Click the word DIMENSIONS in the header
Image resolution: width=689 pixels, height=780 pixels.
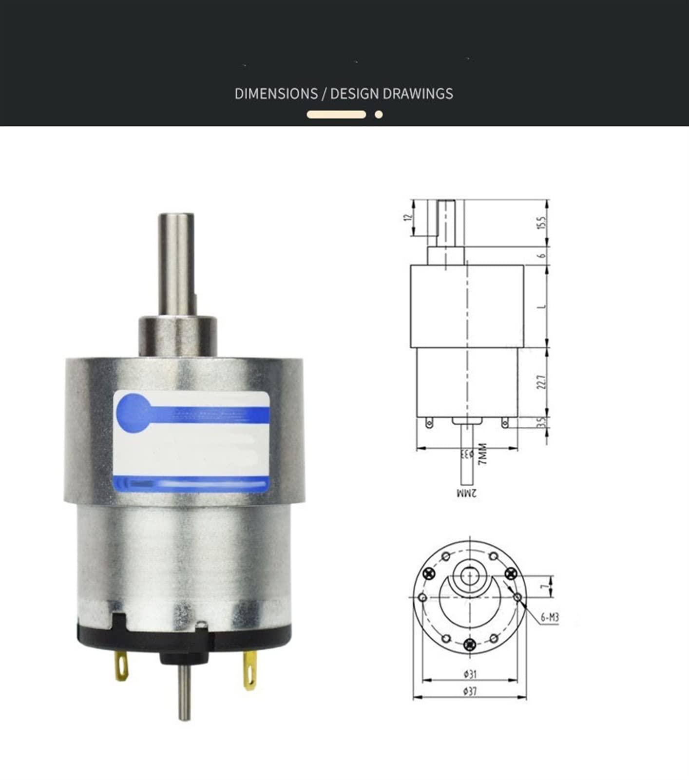point(276,94)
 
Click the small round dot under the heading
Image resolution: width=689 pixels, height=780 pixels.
point(379,115)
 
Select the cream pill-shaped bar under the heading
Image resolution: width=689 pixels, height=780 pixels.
point(336,115)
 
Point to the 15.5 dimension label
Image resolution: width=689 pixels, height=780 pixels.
point(542,223)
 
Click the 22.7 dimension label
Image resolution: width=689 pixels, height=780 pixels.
point(542,381)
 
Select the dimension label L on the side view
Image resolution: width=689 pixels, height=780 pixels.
point(542,306)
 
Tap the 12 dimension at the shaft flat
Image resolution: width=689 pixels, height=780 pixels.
point(408,217)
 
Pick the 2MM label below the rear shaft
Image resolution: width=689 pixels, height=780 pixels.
point(467,493)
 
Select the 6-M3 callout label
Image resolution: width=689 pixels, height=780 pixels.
point(549,618)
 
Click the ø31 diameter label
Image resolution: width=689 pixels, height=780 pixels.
point(470,674)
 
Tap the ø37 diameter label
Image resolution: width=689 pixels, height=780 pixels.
point(470,691)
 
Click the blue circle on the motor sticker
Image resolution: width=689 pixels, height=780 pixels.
point(134,412)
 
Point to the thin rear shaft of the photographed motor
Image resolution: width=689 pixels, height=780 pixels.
point(184,694)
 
